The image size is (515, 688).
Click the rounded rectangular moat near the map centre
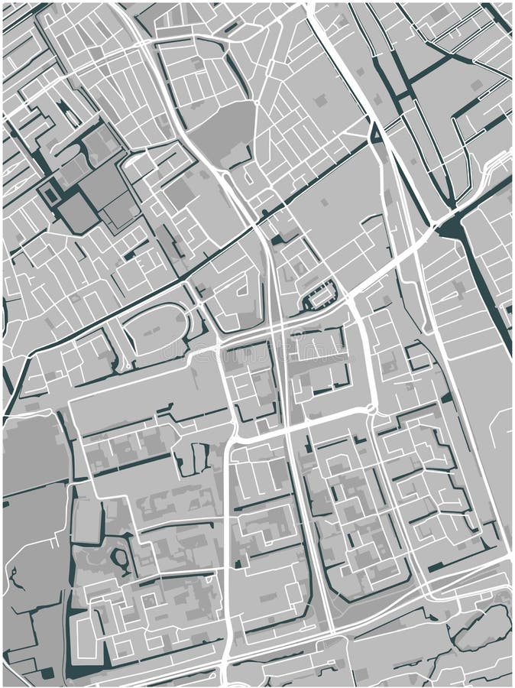pyautogui.click(x=320, y=294)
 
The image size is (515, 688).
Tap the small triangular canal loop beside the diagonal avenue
pyautogui.click(x=375, y=135)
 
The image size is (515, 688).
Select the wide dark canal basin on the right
pyautogui.click(x=452, y=226)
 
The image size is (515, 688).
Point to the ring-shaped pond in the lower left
pyautogui.click(x=121, y=563)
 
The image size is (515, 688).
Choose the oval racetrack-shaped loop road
pyautogui.click(x=156, y=328)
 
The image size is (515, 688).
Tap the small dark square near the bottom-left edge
pyautogui.click(x=47, y=673)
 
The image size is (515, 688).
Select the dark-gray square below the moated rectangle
pyautogui.click(x=78, y=212)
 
